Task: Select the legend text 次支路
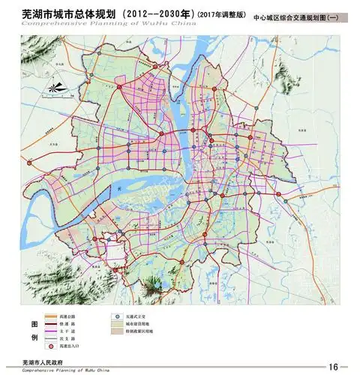[x=73, y=340]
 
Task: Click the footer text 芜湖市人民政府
[x=44, y=361]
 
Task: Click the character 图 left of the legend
[x=32, y=323]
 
